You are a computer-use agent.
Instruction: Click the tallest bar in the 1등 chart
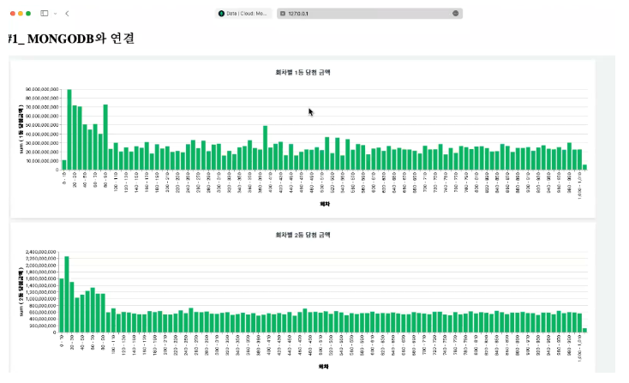tap(69, 129)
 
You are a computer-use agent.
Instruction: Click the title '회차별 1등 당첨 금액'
tap(303, 72)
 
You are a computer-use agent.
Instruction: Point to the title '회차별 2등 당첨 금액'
tap(303, 233)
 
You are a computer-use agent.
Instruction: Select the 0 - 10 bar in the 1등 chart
tap(64, 165)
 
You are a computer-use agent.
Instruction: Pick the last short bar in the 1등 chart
tap(585, 167)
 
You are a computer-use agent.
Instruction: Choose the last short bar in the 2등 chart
tap(585, 330)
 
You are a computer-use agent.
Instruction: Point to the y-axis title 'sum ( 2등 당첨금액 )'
tap(20, 291)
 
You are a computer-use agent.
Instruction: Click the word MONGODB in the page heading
tap(59, 39)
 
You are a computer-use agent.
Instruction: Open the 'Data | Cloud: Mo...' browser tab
tap(244, 14)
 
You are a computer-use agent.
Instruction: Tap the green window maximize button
tap(28, 14)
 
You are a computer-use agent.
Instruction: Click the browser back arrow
tap(67, 14)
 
